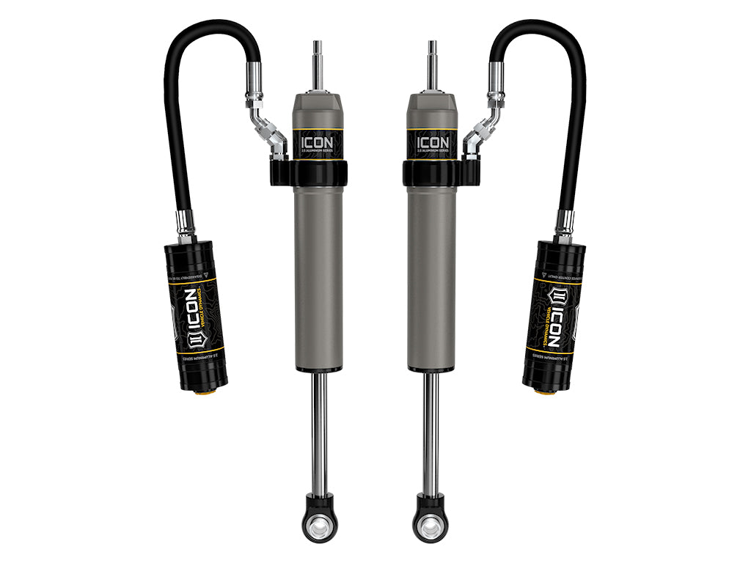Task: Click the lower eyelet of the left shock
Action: (x=320, y=523)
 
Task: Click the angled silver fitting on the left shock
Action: (x=268, y=132)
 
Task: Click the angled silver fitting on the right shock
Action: (x=483, y=132)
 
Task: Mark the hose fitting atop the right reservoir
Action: (x=564, y=224)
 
